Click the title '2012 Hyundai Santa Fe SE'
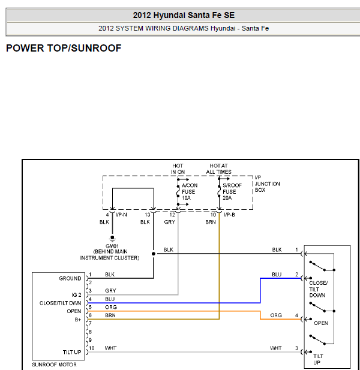coord(184,16)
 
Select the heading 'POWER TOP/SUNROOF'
coord(64,48)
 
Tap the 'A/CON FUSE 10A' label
coord(190,192)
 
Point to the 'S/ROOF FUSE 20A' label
coord(232,192)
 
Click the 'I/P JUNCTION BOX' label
coord(267,184)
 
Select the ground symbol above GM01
coord(112,239)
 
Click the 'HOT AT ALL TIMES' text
coord(218,169)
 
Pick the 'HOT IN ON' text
coord(178,169)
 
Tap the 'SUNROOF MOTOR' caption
coord(54,365)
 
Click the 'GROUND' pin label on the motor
coord(70,278)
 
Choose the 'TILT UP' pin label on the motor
coord(72,352)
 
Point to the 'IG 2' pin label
coord(76,294)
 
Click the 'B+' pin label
coord(78,320)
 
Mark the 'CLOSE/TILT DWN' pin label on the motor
coord(60,303)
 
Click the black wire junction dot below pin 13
coord(154,254)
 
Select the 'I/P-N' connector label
coord(121,215)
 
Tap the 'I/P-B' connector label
coord(229,215)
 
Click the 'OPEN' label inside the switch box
coord(321,323)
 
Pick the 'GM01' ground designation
coord(112,246)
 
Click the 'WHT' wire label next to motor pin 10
coord(111,348)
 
